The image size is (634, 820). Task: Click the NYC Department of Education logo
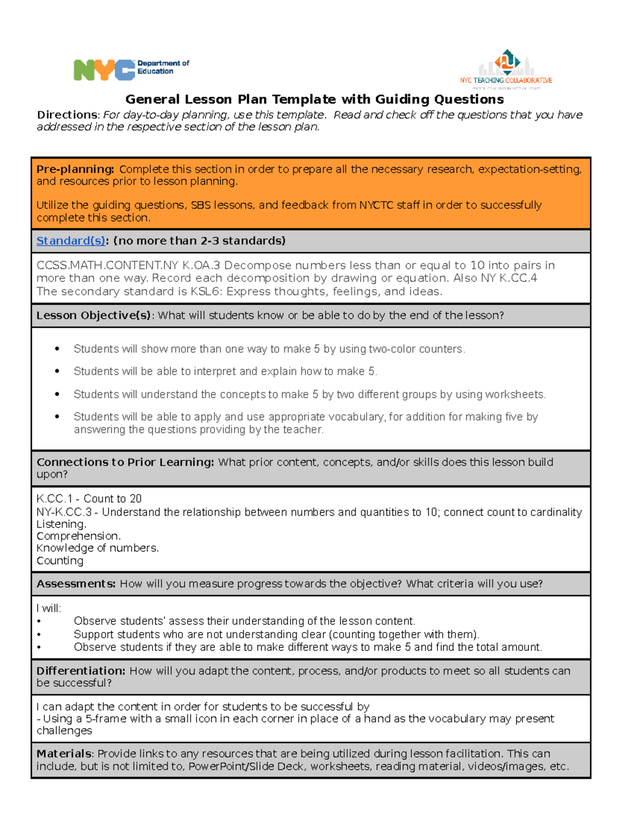tap(131, 69)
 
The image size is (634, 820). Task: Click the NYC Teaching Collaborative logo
tap(506, 69)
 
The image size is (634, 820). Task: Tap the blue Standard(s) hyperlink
tap(71, 241)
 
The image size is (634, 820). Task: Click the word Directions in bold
tap(67, 115)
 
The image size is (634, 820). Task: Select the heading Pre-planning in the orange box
tap(75, 169)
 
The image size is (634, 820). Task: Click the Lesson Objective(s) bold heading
tap(94, 315)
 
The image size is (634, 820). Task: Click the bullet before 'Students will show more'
tap(57, 348)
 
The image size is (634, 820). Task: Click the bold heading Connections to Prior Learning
tap(125, 462)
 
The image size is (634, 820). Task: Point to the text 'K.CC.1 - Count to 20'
tap(89, 498)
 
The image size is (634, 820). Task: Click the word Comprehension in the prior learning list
tap(78, 536)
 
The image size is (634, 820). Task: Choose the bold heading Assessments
tap(76, 583)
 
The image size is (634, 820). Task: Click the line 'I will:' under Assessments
tap(49, 608)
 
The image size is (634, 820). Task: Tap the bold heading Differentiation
tap(81, 671)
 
